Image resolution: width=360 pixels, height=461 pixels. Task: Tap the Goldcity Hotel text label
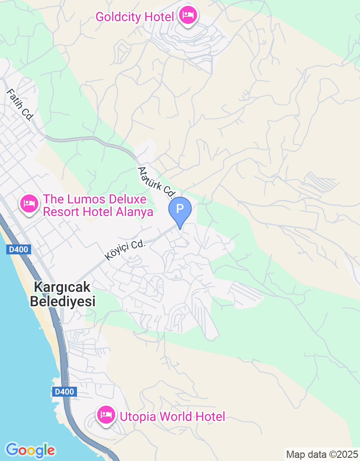(x=135, y=17)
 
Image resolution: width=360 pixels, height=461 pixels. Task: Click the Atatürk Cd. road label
(x=156, y=182)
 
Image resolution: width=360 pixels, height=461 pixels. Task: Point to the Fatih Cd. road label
(x=20, y=104)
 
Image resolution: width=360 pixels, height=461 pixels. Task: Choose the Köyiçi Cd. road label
(x=126, y=250)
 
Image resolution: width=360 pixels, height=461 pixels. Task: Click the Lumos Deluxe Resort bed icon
(x=29, y=204)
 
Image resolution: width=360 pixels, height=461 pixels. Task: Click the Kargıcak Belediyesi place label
(x=63, y=294)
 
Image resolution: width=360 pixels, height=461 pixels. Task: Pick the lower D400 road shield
(x=63, y=391)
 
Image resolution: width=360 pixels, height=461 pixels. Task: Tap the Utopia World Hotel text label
(x=172, y=416)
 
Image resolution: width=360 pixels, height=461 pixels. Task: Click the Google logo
(x=30, y=450)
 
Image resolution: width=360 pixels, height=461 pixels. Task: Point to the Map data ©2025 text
(x=322, y=454)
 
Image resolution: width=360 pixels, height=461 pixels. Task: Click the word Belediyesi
(x=63, y=301)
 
